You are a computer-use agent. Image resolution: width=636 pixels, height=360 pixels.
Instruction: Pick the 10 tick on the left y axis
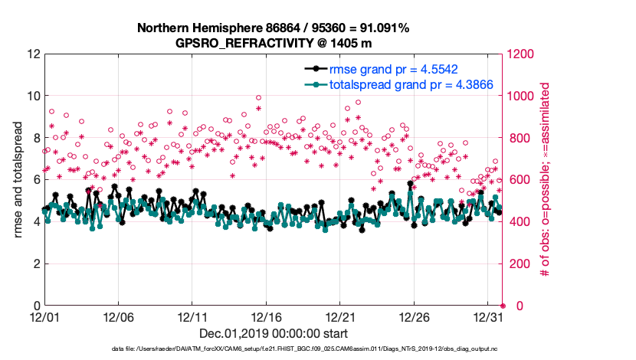pos(33,97)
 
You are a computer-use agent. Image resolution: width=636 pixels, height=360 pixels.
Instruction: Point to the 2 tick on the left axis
pos(36,264)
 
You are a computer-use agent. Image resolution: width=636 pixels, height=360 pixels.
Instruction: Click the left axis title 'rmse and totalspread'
pos(17,180)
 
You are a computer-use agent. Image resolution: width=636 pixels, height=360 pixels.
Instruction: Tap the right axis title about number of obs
pos(547,180)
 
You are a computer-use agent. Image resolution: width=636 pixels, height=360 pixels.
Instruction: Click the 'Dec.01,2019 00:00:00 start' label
pos(273,333)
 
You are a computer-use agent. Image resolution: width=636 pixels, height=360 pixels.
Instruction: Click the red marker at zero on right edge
pos(503,306)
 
